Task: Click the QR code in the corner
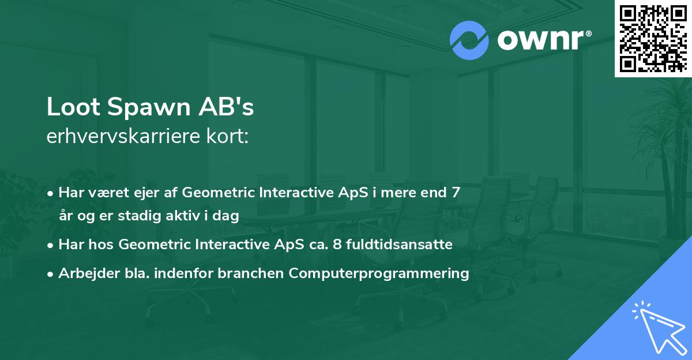653,38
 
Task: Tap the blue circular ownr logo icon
469,40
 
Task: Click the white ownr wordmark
540,40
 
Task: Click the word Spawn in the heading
149,108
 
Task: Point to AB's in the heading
226,107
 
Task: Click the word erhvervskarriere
123,136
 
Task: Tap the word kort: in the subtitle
228,136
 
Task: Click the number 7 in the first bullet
456,192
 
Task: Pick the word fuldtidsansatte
399,244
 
